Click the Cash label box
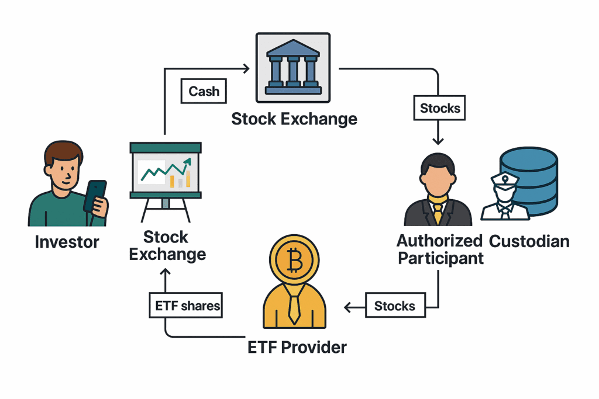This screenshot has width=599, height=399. tap(204, 92)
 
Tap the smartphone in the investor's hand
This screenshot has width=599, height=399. tap(95, 196)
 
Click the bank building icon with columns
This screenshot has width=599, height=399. tap(292, 68)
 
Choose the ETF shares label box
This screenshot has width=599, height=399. tap(186, 306)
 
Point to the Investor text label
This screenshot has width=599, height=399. tap(67, 242)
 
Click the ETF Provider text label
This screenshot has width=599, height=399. tap(297, 347)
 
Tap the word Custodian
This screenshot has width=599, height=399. tap(529, 241)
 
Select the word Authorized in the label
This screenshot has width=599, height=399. tap(439, 240)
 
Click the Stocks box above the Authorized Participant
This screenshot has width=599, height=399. tap(440, 108)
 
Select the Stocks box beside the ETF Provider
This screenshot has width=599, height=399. tap(395, 306)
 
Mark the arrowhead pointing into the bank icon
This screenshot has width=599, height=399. tap(246, 69)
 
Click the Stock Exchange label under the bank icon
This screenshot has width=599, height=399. tap(294, 119)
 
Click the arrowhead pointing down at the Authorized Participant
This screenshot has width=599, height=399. tap(438, 140)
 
